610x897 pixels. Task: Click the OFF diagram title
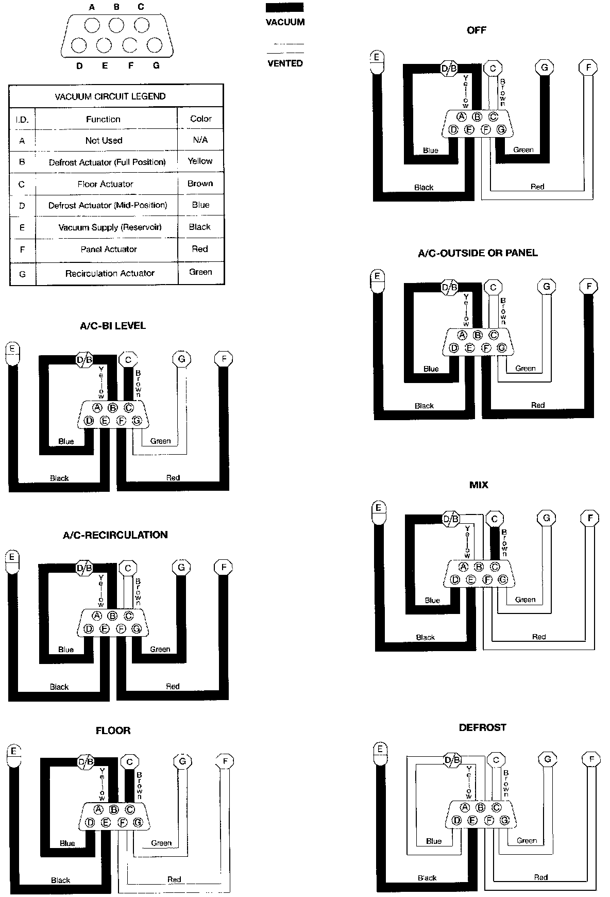pyautogui.click(x=476, y=30)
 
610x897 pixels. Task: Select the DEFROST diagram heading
pyautogui.click(x=482, y=727)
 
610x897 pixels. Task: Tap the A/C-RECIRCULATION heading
pyautogui.click(x=115, y=535)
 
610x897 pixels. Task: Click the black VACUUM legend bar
pyautogui.click(x=284, y=8)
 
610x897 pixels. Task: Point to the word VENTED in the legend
pyautogui.click(x=285, y=63)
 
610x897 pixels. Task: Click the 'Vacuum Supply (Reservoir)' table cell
pyautogui.click(x=110, y=227)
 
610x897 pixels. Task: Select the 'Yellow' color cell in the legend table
pyautogui.click(x=200, y=161)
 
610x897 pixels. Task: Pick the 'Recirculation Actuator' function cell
pyautogui.click(x=110, y=273)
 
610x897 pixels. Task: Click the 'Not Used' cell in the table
pyautogui.click(x=104, y=140)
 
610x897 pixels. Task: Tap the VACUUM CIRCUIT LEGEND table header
pyautogui.click(x=110, y=96)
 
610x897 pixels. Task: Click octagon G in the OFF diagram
pyautogui.click(x=544, y=67)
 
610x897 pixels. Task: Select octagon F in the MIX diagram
pyautogui.click(x=590, y=518)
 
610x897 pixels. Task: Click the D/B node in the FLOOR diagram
pyautogui.click(x=86, y=762)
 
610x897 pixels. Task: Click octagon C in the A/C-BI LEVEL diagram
pyautogui.click(x=128, y=360)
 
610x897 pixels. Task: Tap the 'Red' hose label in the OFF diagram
pyautogui.click(x=537, y=187)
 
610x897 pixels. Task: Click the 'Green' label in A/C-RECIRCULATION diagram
pyautogui.click(x=160, y=649)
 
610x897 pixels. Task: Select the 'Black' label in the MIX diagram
pyautogui.click(x=425, y=637)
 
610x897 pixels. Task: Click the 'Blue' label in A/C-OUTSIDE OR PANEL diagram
pyautogui.click(x=431, y=369)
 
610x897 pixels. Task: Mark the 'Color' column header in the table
pyautogui.click(x=200, y=119)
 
